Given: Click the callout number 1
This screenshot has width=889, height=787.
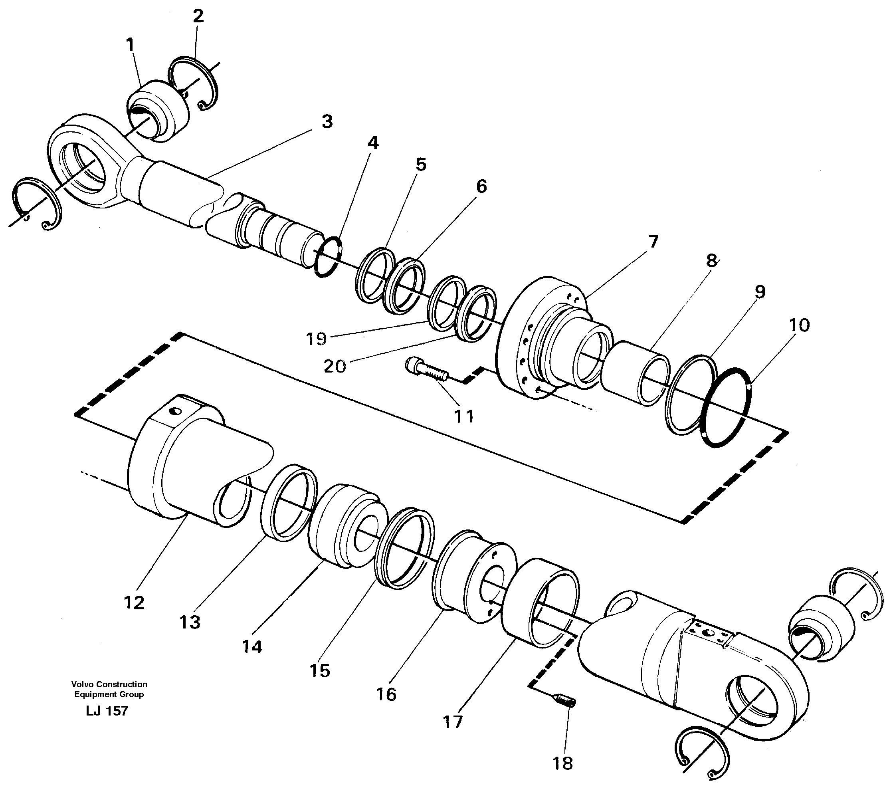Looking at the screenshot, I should (130, 45).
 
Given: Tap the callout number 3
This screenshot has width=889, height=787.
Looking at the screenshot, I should (327, 122).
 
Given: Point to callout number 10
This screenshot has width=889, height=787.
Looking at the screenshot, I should (799, 325).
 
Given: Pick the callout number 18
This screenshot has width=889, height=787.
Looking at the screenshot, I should (563, 763).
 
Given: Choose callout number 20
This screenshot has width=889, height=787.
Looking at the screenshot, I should (335, 367).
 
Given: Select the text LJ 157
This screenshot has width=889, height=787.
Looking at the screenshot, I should (107, 711).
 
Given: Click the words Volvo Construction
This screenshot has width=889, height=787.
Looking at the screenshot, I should (109, 684).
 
